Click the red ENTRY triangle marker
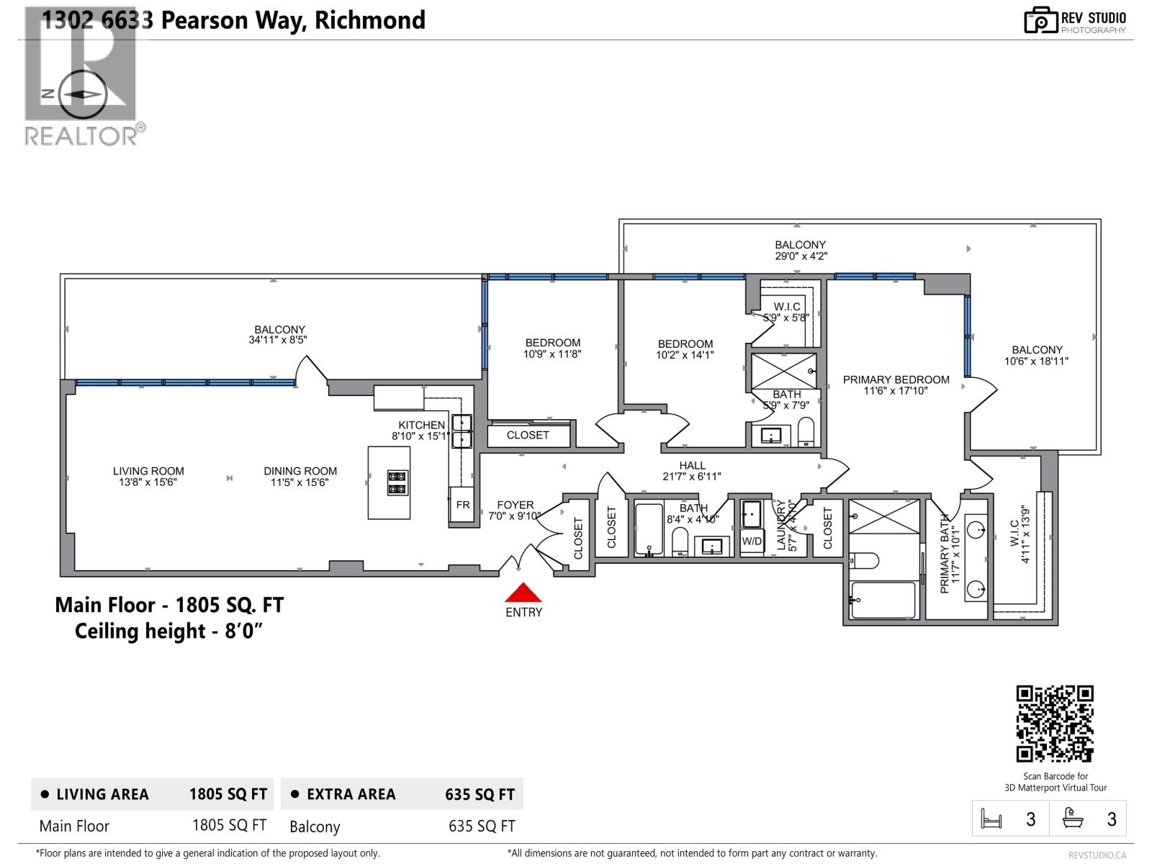(523, 593)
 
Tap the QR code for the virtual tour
(1055, 724)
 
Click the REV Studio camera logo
(1040, 20)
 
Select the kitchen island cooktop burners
(397, 482)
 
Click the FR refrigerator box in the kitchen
(462, 505)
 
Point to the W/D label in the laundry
(752, 541)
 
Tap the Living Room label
(148, 477)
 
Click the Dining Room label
(300, 477)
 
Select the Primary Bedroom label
(896, 385)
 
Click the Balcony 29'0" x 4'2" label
(800, 250)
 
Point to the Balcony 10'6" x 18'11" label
(1036, 355)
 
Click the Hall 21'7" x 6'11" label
(691, 471)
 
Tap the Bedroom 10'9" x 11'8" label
(552, 348)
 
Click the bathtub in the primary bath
(882, 600)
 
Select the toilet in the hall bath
(680, 541)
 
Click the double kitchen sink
(462, 431)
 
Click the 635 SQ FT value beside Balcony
(481, 827)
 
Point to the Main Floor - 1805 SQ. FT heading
(169, 605)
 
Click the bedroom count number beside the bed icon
(1030, 819)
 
